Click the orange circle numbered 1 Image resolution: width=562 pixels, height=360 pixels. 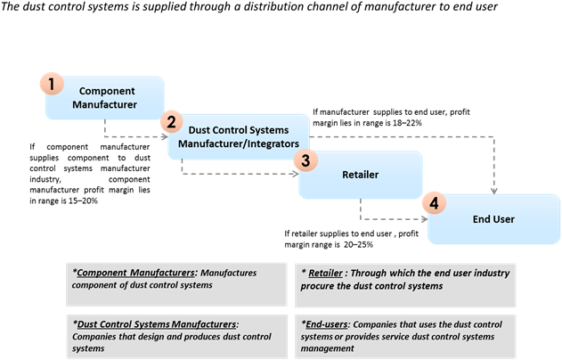point(51,84)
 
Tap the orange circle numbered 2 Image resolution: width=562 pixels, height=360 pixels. point(173,122)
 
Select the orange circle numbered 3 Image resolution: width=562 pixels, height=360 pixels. point(305,160)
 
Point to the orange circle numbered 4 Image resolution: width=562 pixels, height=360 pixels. point(434,203)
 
